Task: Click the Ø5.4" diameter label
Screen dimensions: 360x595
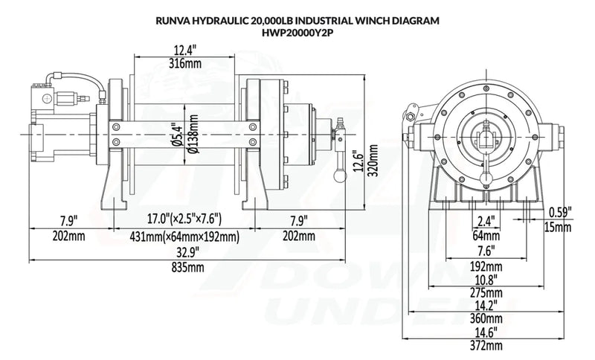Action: [176, 136]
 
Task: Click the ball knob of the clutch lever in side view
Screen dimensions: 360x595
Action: [338, 177]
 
